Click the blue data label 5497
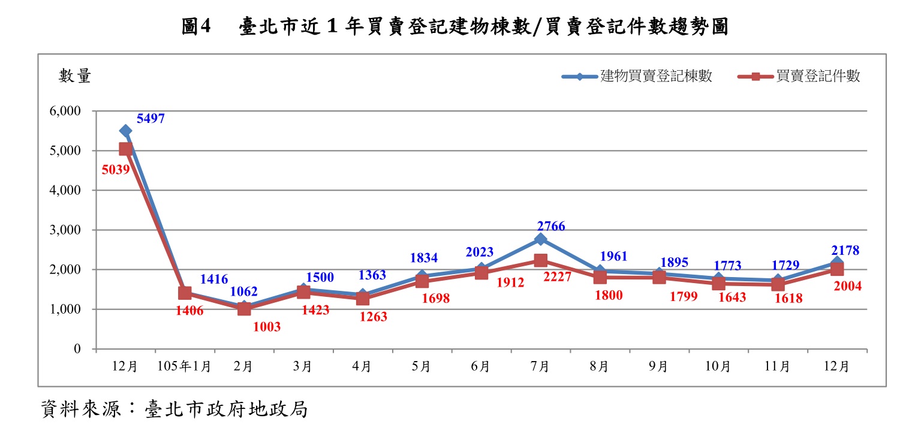151,119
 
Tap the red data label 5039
116,170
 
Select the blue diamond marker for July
540,239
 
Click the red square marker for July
540,260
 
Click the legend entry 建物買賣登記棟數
656,76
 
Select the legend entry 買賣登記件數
818,76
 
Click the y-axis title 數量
75,76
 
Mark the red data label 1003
267,327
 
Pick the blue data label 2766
551,227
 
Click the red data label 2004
847,286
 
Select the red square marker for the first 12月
125,149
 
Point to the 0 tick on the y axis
77,349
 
